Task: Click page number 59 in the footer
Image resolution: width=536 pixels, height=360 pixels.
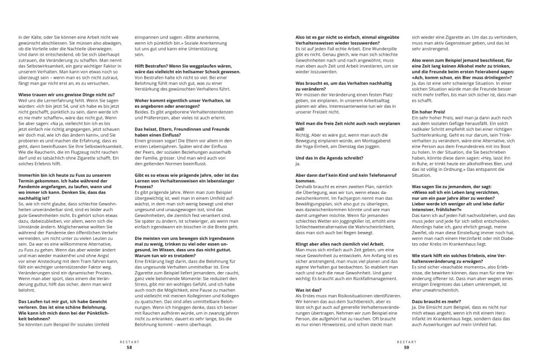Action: click(406, 347)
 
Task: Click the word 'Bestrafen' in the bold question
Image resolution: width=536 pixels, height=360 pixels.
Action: click(152, 64)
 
